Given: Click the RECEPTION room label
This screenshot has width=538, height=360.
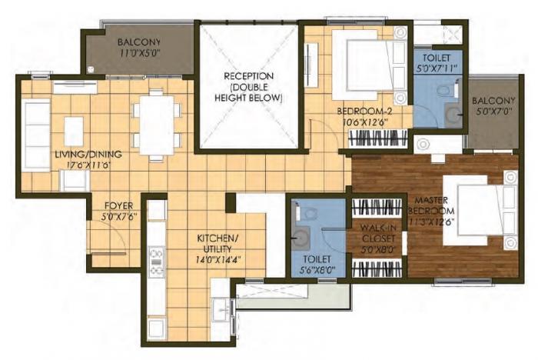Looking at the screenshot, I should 249,76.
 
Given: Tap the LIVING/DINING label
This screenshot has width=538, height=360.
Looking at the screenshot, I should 88,154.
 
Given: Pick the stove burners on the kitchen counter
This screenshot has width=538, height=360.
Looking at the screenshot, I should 157,261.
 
